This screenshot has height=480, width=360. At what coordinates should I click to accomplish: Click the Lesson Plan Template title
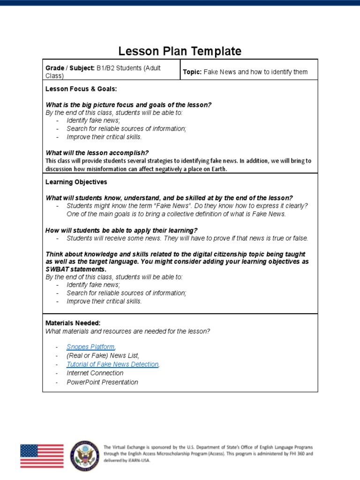(180, 51)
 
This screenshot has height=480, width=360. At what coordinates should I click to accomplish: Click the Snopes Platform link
(90, 347)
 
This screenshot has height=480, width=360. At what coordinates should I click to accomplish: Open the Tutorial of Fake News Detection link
(112, 364)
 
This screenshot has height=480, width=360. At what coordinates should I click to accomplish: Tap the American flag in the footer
(42, 456)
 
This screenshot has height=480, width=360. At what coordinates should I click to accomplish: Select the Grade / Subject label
(70, 68)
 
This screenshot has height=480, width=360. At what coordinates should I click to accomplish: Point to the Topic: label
(192, 72)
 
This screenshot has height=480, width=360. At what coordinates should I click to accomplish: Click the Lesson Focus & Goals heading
(81, 89)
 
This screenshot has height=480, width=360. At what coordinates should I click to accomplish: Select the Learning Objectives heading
(76, 182)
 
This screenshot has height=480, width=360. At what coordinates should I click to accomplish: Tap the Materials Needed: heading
(73, 323)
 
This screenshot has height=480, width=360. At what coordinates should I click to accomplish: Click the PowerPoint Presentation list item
(102, 382)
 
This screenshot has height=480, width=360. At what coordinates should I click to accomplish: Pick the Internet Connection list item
(95, 373)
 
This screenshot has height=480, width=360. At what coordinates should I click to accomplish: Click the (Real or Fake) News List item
(103, 356)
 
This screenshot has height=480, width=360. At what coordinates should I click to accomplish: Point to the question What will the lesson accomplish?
(97, 153)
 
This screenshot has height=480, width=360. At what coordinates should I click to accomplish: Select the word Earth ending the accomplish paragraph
(218, 169)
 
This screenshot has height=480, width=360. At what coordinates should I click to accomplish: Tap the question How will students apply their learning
(121, 230)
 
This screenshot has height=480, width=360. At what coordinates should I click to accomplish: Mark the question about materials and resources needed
(127, 331)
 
